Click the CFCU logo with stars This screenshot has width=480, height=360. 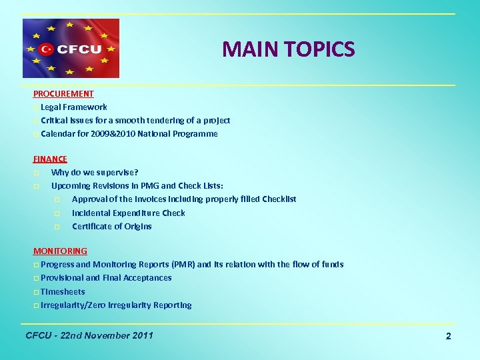coord(71,49)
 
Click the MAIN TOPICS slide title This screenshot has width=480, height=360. coord(288,49)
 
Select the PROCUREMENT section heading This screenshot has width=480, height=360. coord(63,94)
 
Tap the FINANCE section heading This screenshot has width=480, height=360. coord(50,159)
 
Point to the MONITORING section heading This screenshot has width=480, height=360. coord(60,251)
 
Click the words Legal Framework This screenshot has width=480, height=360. coord(73,107)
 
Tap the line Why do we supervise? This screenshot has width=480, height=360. coord(95,173)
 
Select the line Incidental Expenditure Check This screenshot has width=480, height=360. coord(129,213)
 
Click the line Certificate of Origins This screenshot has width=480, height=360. coord(112,227)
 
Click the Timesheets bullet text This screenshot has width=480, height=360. coord(63,292)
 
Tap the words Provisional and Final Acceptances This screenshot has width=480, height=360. coord(106,278)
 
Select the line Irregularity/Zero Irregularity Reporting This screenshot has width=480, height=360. coord(116,305)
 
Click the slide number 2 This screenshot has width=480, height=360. coord(448,337)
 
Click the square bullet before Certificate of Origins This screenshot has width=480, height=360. coord(57,227)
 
